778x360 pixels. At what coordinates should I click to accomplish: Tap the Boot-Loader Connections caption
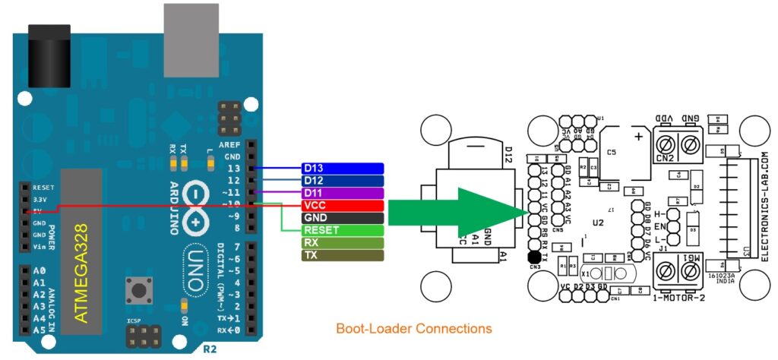click(414, 329)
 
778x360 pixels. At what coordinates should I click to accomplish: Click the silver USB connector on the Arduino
click(195, 30)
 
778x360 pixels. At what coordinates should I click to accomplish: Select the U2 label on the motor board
click(598, 222)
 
